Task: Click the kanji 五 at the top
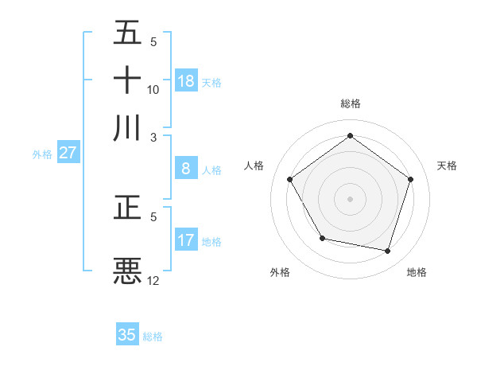point(127,33)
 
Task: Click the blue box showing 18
point(186,81)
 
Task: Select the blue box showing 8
point(186,169)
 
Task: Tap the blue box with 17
point(186,240)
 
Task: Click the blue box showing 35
point(127,335)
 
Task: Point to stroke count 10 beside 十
point(153,89)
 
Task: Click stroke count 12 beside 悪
point(153,280)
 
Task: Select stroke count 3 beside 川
point(154,136)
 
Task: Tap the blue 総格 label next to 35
point(153,337)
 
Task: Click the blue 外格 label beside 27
point(41,154)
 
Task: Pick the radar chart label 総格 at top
point(350,103)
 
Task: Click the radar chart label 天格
point(447,166)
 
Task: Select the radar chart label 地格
point(417,272)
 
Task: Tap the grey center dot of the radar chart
point(350,198)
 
